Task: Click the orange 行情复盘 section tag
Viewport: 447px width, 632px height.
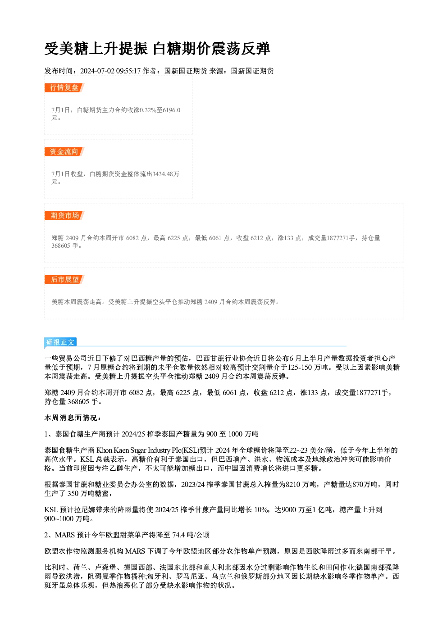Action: [64, 88]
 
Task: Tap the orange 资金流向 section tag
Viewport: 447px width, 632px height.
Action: [64, 152]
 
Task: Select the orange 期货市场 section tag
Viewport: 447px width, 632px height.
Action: [64, 216]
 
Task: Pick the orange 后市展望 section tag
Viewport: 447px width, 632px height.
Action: [64, 280]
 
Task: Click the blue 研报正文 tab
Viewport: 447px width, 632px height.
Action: [60, 342]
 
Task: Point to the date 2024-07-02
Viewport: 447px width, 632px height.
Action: [97, 71]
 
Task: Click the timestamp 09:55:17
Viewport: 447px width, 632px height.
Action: [128, 71]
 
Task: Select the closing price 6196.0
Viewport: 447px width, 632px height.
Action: [172, 110]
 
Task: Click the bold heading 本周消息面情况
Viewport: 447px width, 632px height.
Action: [71, 418]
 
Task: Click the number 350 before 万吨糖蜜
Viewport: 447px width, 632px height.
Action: [73, 493]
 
